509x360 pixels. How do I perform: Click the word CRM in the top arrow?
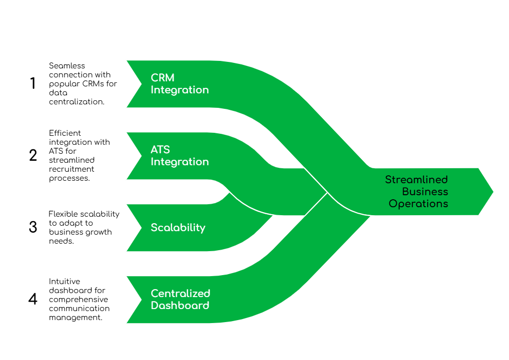pyautogui.click(x=163, y=78)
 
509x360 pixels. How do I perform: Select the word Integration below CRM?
pyautogui.click(x=180, y=90)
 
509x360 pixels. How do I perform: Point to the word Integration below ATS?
pyautogui.click(x=180, y=162)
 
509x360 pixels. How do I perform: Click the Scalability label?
pyautogui.click(x=178, y=228)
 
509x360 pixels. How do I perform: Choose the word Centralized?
pyautogui.click(x=181, y=294)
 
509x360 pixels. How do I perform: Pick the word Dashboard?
pyautogui.click(x=180, y=306)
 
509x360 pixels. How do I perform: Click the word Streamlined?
pyautogui.click(x=416, y=180)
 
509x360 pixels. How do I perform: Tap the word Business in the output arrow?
pyautogui.click(x=425, y=192)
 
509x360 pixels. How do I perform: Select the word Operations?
pyautogui.click(x=418, y=204)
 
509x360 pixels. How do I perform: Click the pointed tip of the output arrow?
pyautogui.click(x=494, y=191)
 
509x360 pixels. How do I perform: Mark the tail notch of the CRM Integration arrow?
pyautogui.click(x=141, y=84)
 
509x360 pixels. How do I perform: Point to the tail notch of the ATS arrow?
pyautogui.click(x=141, y=156)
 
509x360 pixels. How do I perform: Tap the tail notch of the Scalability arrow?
pyautogui.click(x=141, y=228)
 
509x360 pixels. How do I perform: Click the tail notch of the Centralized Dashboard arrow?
pyautogui.click(x=141, y=300)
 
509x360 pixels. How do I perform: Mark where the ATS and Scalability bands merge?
pyautogui.click(x=229, y=192)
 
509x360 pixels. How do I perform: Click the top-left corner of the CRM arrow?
pyautogui.click(x=126, y=60)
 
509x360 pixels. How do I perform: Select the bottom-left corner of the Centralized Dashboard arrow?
pyautogui.click(x=126, y=323)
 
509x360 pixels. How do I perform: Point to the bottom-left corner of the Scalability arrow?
pyautogui.click(x=126, y=251)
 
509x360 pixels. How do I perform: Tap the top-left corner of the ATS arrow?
pyautogui.click(x=126, y=132)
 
